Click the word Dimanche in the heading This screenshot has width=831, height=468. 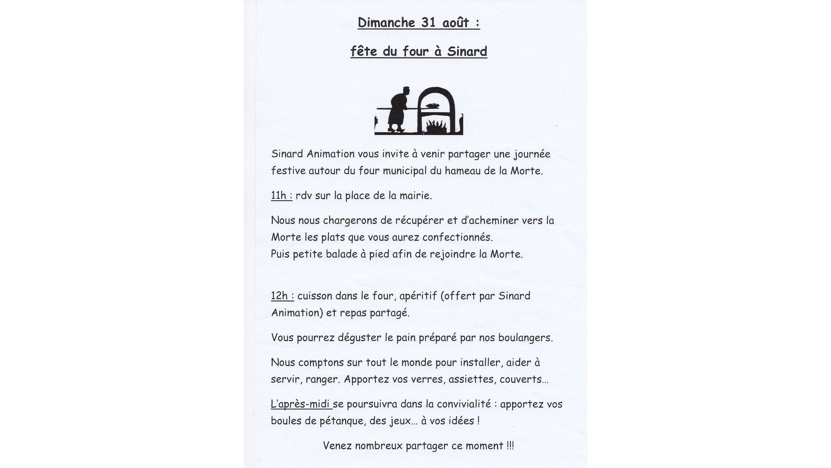pos(387,23)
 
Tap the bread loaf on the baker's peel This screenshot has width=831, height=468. pos(433,105)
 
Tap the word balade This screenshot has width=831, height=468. pos(341,254)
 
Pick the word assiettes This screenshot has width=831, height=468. pos(472,380)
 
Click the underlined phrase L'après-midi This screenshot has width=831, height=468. pos(300,404)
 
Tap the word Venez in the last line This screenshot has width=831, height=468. pos(337,446)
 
